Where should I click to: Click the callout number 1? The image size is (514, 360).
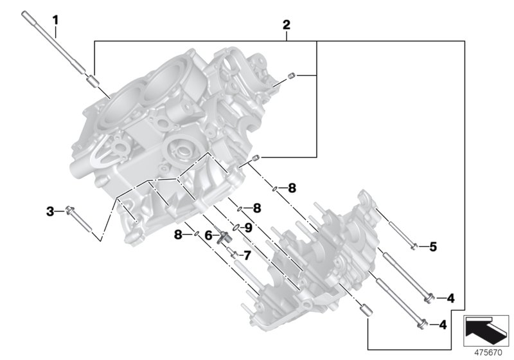[x=55, y=20]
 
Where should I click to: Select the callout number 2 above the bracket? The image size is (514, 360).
[x=287, y=25]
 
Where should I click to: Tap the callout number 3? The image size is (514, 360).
[x=49, y=211]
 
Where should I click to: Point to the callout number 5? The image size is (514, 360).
[x=432, y=246]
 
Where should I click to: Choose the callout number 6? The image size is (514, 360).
[x=208, y=236]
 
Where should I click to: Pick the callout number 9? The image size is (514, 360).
[x=248, y=227]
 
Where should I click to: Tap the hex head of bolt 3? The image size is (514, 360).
[x=69, y=210]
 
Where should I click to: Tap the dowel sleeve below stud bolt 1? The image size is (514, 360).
[x=91, y=81]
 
